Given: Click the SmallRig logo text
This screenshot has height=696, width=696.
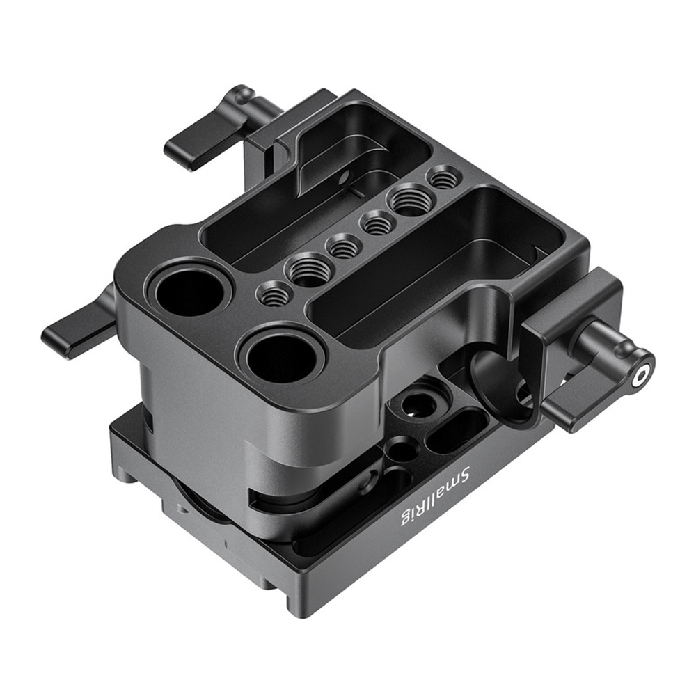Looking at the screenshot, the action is (x=436, y=493).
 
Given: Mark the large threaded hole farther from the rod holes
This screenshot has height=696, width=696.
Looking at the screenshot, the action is (x=409, y=200).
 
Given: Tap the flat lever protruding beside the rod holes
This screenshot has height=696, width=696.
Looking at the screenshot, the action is (x=78, y=326).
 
